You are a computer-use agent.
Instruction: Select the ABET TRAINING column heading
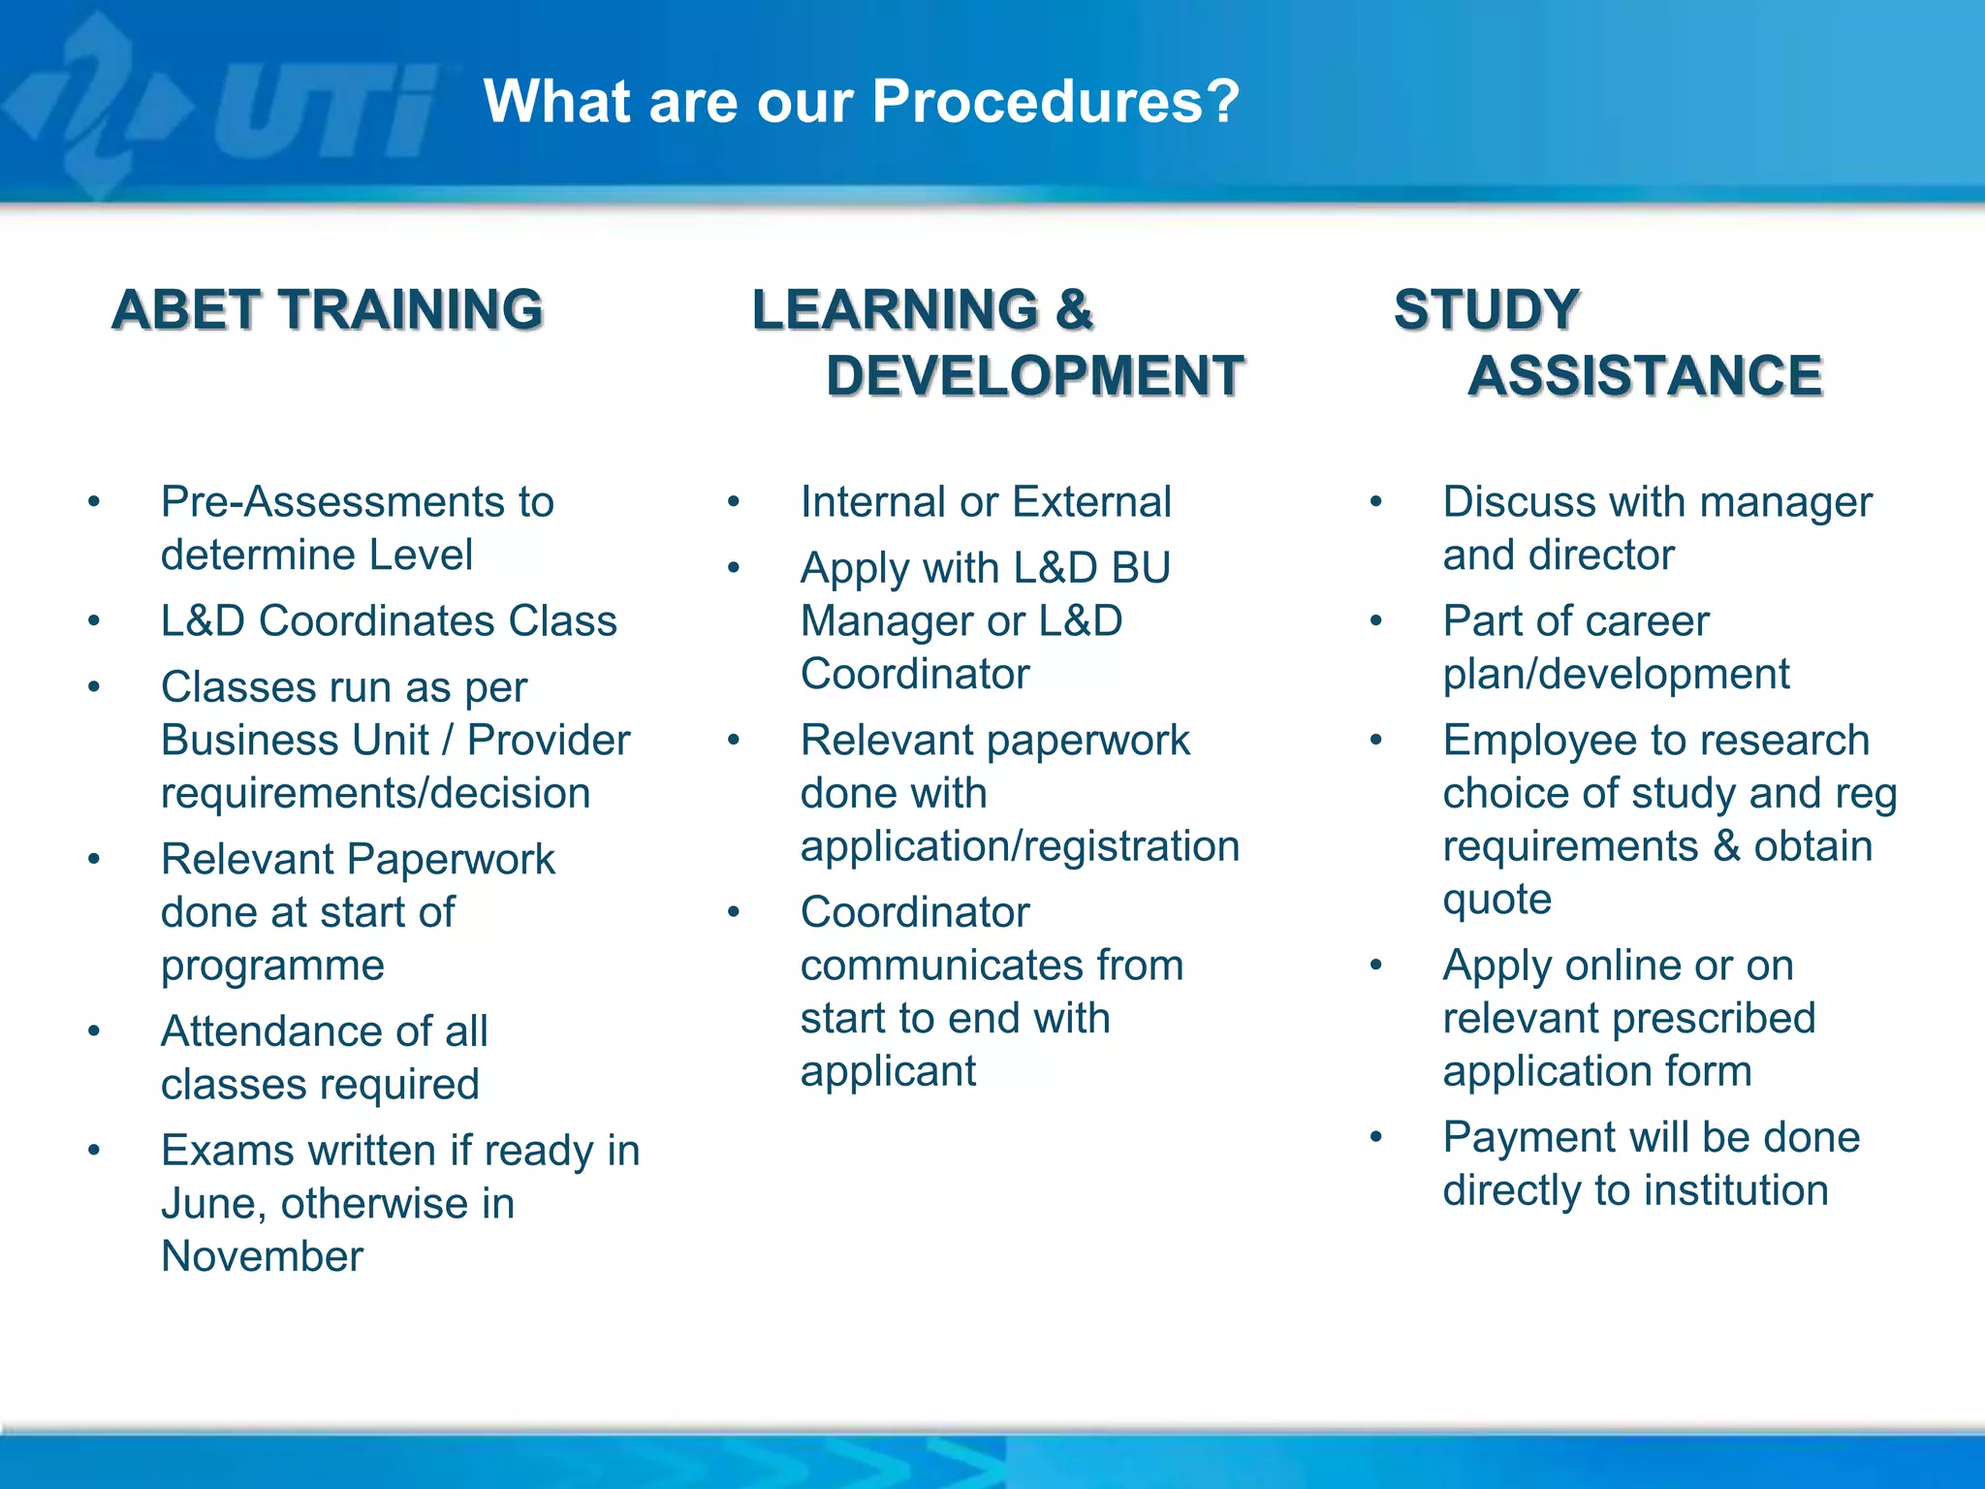click(328, 310)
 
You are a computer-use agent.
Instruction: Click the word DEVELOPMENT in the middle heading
click(1034, 376)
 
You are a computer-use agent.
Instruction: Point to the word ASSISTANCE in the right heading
click(1645, 376)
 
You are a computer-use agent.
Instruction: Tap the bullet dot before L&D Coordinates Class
click(94, 621)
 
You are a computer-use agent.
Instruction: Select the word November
click(262, 1256)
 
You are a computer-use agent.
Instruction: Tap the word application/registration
click(1020, 846)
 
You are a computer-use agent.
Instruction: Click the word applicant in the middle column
click(888, 1072)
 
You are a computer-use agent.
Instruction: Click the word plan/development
click(1616, 675)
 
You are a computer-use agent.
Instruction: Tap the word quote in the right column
click(1497, 900)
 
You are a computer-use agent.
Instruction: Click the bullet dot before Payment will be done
click(1375, 1137)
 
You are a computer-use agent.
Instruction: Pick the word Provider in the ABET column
click(549, 741)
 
